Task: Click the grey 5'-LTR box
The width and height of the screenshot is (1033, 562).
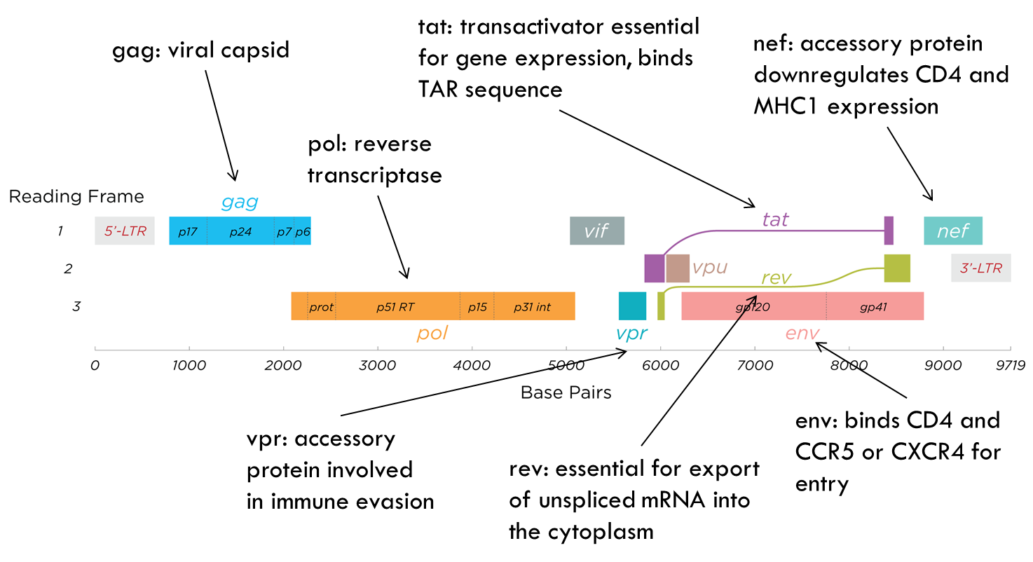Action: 125,231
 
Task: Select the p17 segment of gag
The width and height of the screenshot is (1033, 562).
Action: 188,231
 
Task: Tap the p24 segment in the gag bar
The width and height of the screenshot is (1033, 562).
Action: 240,231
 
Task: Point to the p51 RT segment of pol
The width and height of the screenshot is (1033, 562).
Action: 397,306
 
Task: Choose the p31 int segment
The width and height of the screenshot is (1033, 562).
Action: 533,306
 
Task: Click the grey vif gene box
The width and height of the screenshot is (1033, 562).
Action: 596,231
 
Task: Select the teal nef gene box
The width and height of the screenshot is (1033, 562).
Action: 952,231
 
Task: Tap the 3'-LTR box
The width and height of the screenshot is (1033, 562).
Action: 980,268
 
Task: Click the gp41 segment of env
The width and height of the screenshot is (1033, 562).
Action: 874,306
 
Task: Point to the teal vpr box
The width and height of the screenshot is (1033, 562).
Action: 632,306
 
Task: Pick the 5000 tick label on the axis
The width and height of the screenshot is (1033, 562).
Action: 566,365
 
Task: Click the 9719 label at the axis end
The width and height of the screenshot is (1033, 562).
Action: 1010,365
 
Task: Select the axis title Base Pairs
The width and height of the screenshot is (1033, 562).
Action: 566,392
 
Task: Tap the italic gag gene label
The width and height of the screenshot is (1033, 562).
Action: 240,203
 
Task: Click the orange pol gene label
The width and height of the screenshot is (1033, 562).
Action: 432,333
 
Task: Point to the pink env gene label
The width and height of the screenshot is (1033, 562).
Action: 802,333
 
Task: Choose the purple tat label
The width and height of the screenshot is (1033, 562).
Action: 775,219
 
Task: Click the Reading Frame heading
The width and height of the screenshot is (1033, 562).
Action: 76,197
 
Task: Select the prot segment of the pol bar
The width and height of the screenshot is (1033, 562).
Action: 321,306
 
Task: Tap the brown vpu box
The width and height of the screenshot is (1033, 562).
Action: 678,268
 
